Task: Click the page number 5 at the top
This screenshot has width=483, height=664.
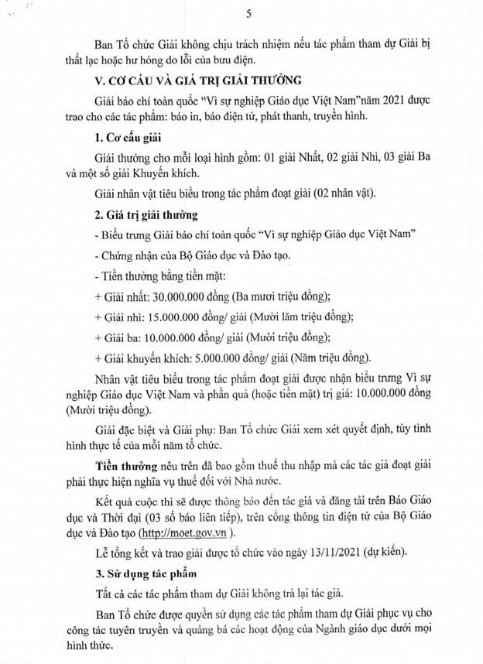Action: [x=247, y=13]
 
